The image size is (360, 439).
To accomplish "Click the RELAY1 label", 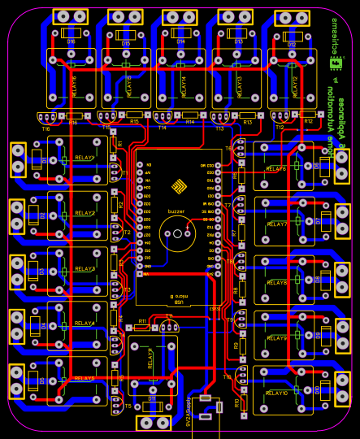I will click(x=85, y=157).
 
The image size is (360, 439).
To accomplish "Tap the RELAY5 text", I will click(x=85, y=378).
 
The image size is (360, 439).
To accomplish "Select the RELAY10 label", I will click(x=276, y=393).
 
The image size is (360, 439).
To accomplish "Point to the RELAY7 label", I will click(x=276, y=224).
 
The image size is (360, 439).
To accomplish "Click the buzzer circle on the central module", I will click(x=177, y=235).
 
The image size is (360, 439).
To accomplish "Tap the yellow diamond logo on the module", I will click(x=179, y=187).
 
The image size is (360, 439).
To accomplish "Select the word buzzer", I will click(x=176, y=211).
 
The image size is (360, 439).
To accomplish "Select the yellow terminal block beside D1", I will click(x=18, y=159).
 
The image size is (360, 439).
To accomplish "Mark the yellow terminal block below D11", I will click(x=153, y=423).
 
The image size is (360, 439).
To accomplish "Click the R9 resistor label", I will click(x=236, y=345).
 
